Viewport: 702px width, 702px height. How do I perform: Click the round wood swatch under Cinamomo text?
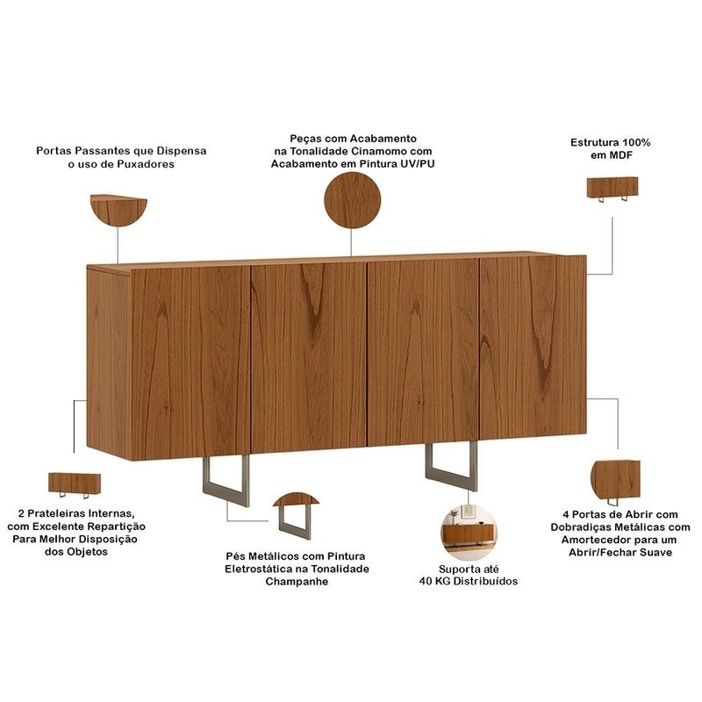tap(353, 201)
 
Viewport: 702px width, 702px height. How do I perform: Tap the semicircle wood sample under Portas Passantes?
tap(118, 209)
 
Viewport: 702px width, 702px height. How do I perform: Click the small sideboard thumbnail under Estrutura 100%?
tap(612, 189)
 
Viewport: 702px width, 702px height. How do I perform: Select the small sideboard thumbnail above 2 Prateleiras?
tap(75, 485)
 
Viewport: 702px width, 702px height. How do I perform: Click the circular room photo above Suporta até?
tap(469, 532)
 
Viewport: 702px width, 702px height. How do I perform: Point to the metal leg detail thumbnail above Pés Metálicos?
tap(296, 515)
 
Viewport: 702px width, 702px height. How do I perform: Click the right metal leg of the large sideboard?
tap(451, 467)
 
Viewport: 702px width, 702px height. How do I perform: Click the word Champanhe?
tap(297, 582)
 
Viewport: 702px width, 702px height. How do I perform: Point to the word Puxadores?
tap(146, 164)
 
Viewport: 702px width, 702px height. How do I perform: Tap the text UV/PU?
tap(418, 164)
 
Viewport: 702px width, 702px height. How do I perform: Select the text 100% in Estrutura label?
tap(635, 143)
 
